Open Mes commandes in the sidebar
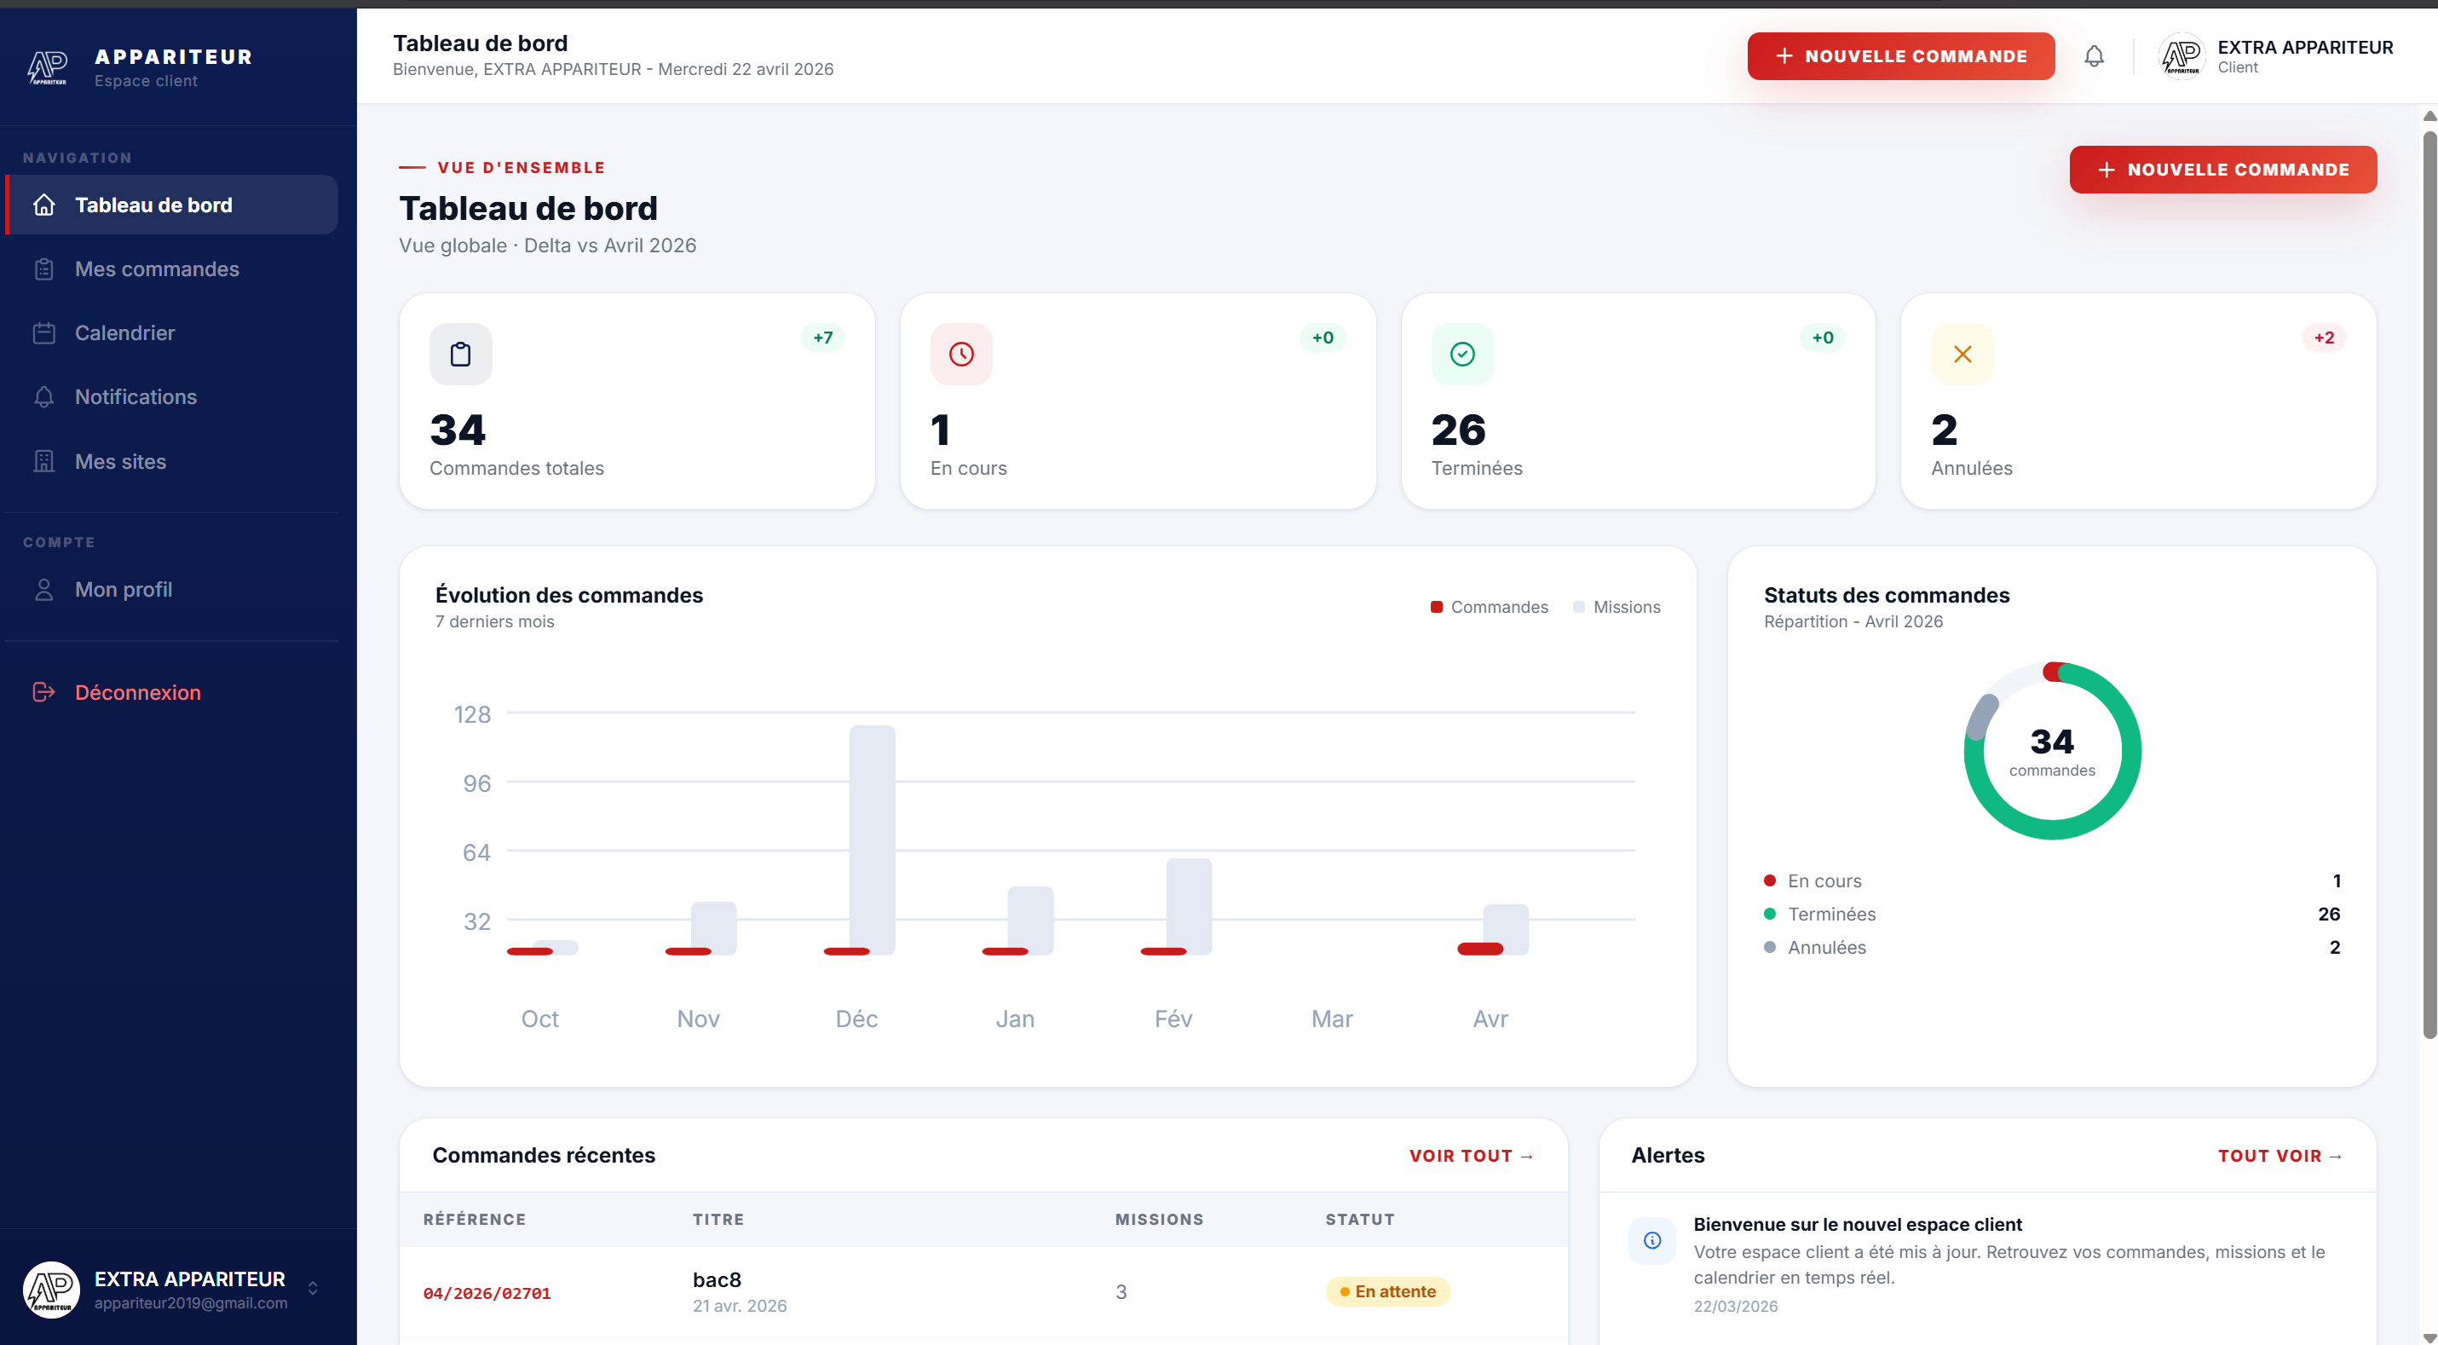point(156,268)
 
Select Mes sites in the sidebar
point(120,462)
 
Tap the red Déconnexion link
point(137,693)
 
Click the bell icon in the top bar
point(2094,57)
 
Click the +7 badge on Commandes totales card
point(822,338)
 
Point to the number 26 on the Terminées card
point(1457,430)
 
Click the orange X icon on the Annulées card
point(1962,354)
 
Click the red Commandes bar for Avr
point(1479,950)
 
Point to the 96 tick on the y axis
point(476,783)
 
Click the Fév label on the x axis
point(1173,1019)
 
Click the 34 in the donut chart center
point(2051,742)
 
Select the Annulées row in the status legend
point(1827,948)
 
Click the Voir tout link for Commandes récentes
point(1471,1156)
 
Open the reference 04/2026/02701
point(487,1293)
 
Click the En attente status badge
point(1387,1292)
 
